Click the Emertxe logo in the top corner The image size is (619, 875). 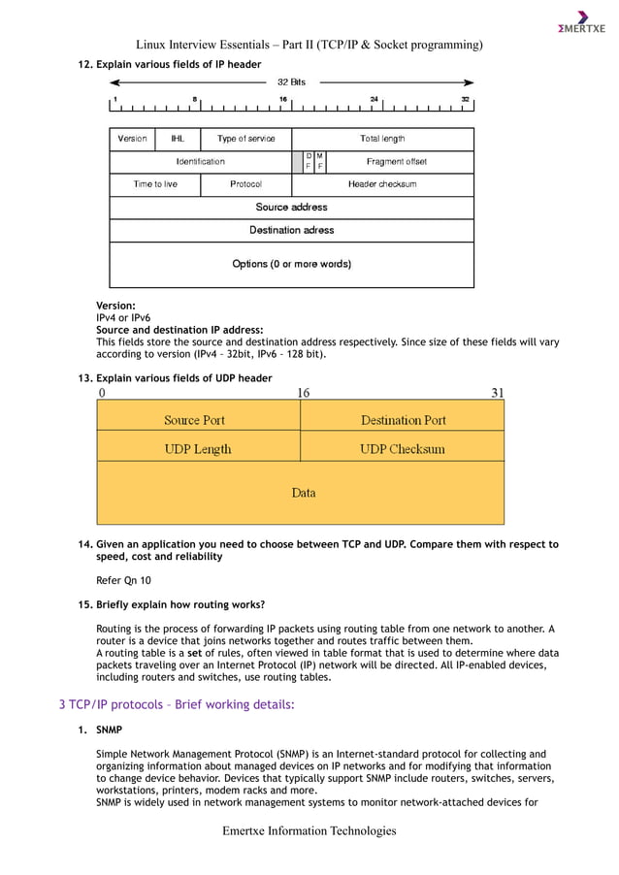[581, 23]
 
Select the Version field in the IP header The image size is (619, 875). [133, 139]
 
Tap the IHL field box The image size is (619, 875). [179, 139]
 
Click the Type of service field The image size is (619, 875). [245, 139]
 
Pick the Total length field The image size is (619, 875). [382, 139]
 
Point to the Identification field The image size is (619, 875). [200, 162]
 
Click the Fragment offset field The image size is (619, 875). [397, 162]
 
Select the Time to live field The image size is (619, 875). [155, 184]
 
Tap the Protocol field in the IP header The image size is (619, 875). [245, 184]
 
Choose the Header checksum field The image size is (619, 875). [382, 184]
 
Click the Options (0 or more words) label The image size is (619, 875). [291, 264]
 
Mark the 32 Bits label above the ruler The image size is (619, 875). [291, 82]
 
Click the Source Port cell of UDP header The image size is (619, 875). [194, 420]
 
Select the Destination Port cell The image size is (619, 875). [404, 420]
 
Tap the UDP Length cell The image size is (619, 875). [198, 449]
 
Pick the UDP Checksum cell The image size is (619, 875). [403, 449]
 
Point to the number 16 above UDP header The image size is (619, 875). [303, 393]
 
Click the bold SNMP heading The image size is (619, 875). [109, 729]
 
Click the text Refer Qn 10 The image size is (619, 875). [123, 580]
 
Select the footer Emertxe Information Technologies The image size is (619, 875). [309, 831]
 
